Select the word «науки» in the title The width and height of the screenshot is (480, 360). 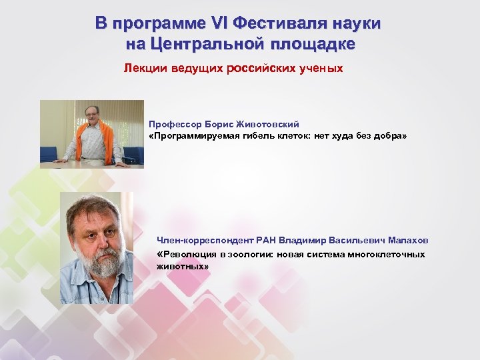pyautogui.click(x=355, y=24)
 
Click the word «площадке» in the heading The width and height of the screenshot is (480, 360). pyautogui.click(x=313, y=45)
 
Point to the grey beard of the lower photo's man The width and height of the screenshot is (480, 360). pyautogui.click(x=100, y=263)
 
